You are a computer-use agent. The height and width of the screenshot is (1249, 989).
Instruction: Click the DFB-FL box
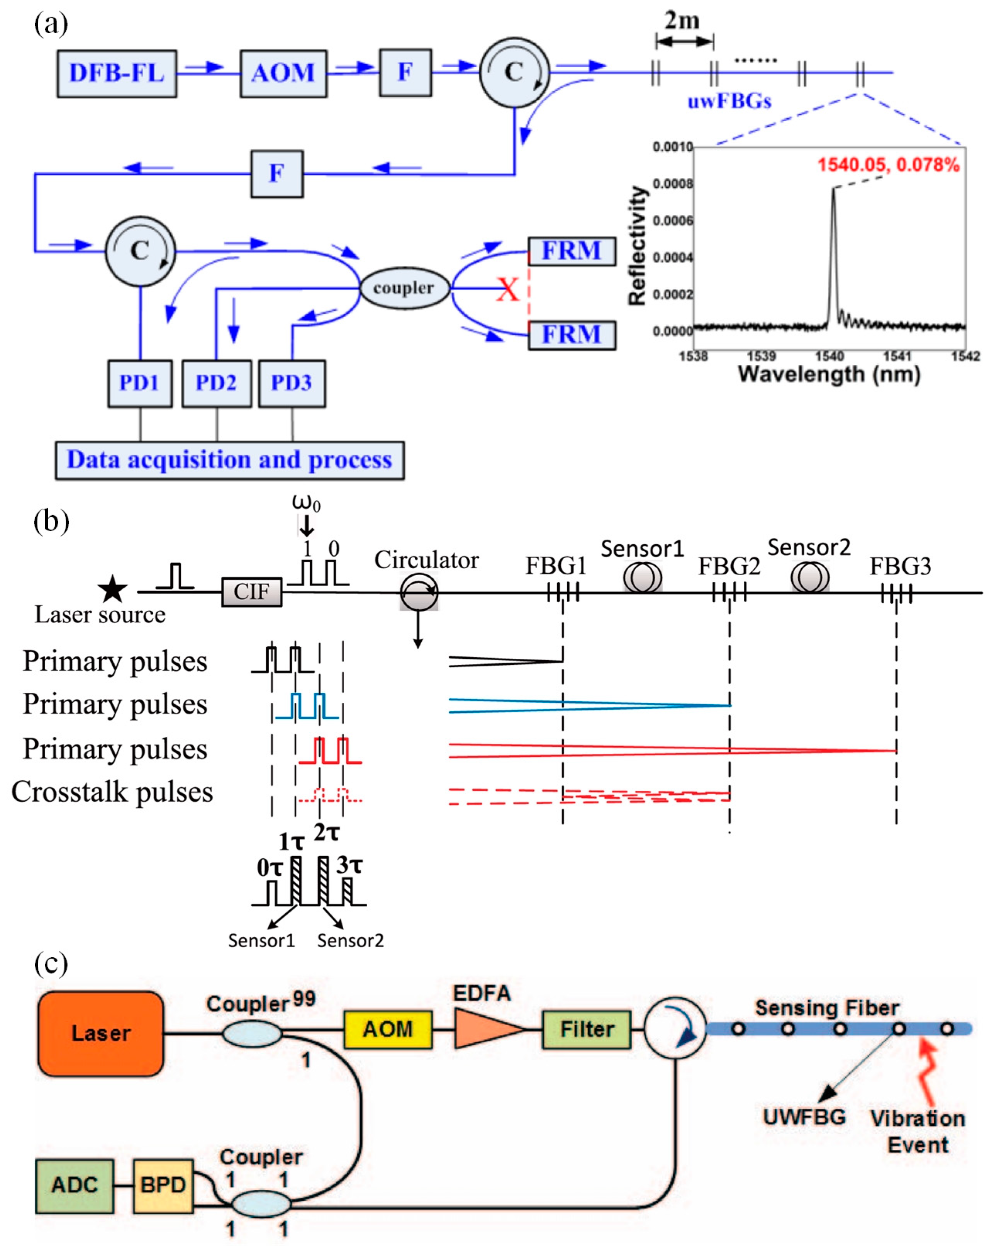point(116,73)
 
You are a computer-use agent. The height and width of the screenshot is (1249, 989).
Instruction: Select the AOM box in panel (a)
point(283,73)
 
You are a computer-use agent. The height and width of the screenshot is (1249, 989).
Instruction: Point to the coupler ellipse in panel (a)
point(404,288)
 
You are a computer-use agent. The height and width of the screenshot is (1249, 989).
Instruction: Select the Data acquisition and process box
point(229,461)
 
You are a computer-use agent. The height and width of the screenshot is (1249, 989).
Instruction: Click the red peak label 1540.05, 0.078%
point(888,165)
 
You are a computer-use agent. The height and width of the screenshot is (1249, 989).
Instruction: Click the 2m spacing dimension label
point(682,21)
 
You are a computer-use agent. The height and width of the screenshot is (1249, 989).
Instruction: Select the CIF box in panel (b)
point(252,591)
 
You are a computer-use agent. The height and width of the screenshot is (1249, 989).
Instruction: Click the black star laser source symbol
point(112,590)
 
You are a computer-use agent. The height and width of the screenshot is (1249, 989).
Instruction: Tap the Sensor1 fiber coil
point(642,578)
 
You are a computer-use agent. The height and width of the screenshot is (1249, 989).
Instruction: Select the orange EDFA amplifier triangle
point(485,1029)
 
